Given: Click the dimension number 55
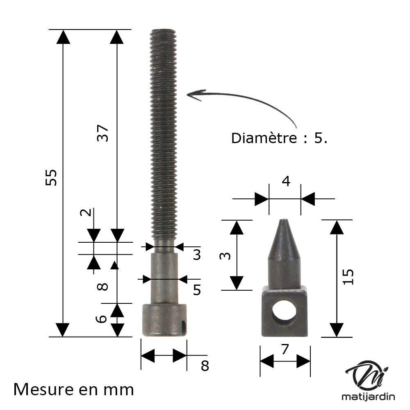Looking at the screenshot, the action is coord(51,178).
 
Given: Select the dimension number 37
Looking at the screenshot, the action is coord(102,133).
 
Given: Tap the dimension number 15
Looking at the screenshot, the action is coord(348,277).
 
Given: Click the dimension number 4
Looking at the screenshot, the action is coord(286,181).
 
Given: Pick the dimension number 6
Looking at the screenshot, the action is coord(101,319).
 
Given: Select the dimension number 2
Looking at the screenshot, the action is coord(86,212).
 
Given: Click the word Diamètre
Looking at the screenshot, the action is coord(264,138).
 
